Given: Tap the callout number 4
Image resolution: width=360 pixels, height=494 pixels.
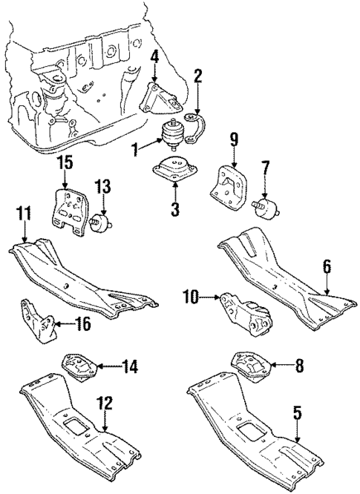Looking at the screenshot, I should (154, 56).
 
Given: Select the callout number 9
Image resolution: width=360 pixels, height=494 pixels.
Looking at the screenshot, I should (233, 139).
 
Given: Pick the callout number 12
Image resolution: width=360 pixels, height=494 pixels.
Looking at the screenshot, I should (106, 404).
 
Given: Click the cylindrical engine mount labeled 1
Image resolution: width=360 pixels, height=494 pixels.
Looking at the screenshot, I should (173, 136).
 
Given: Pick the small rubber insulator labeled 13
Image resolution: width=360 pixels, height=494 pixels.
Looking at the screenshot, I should (99, 224).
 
